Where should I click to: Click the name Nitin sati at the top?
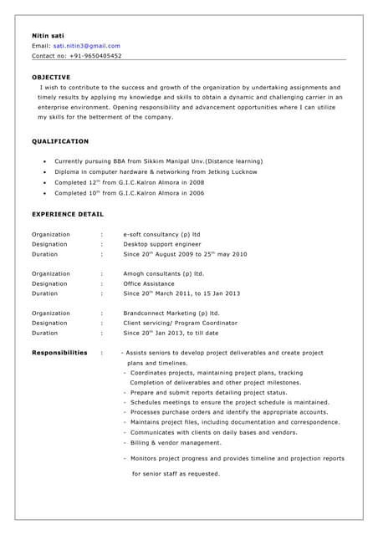(x=47, y=36)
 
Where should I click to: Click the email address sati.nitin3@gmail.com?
(x=86, y=46)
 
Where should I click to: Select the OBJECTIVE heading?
(x=51, y=77)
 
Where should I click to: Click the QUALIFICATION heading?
(x=60, y=141)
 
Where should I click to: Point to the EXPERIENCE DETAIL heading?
(x=68, y=214)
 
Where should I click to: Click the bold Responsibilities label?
(x=59, y=353)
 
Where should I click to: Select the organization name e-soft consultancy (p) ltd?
(x=161, y=235)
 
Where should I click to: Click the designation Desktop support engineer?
(x=162, y=244)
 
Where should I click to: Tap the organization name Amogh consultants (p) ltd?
(x=163, y=273)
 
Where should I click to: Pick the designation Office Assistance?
(x=149, y=283)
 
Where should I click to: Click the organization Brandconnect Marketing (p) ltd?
(x=171, y=313)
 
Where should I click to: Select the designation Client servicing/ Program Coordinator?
(x=180, y=323)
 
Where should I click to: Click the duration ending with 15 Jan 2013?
(x=181, y=293)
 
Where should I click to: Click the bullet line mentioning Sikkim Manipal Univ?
(x=158, y=161)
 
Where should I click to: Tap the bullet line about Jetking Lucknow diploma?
(x=156, y=171)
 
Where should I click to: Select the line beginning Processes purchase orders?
(x=227, y=412)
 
